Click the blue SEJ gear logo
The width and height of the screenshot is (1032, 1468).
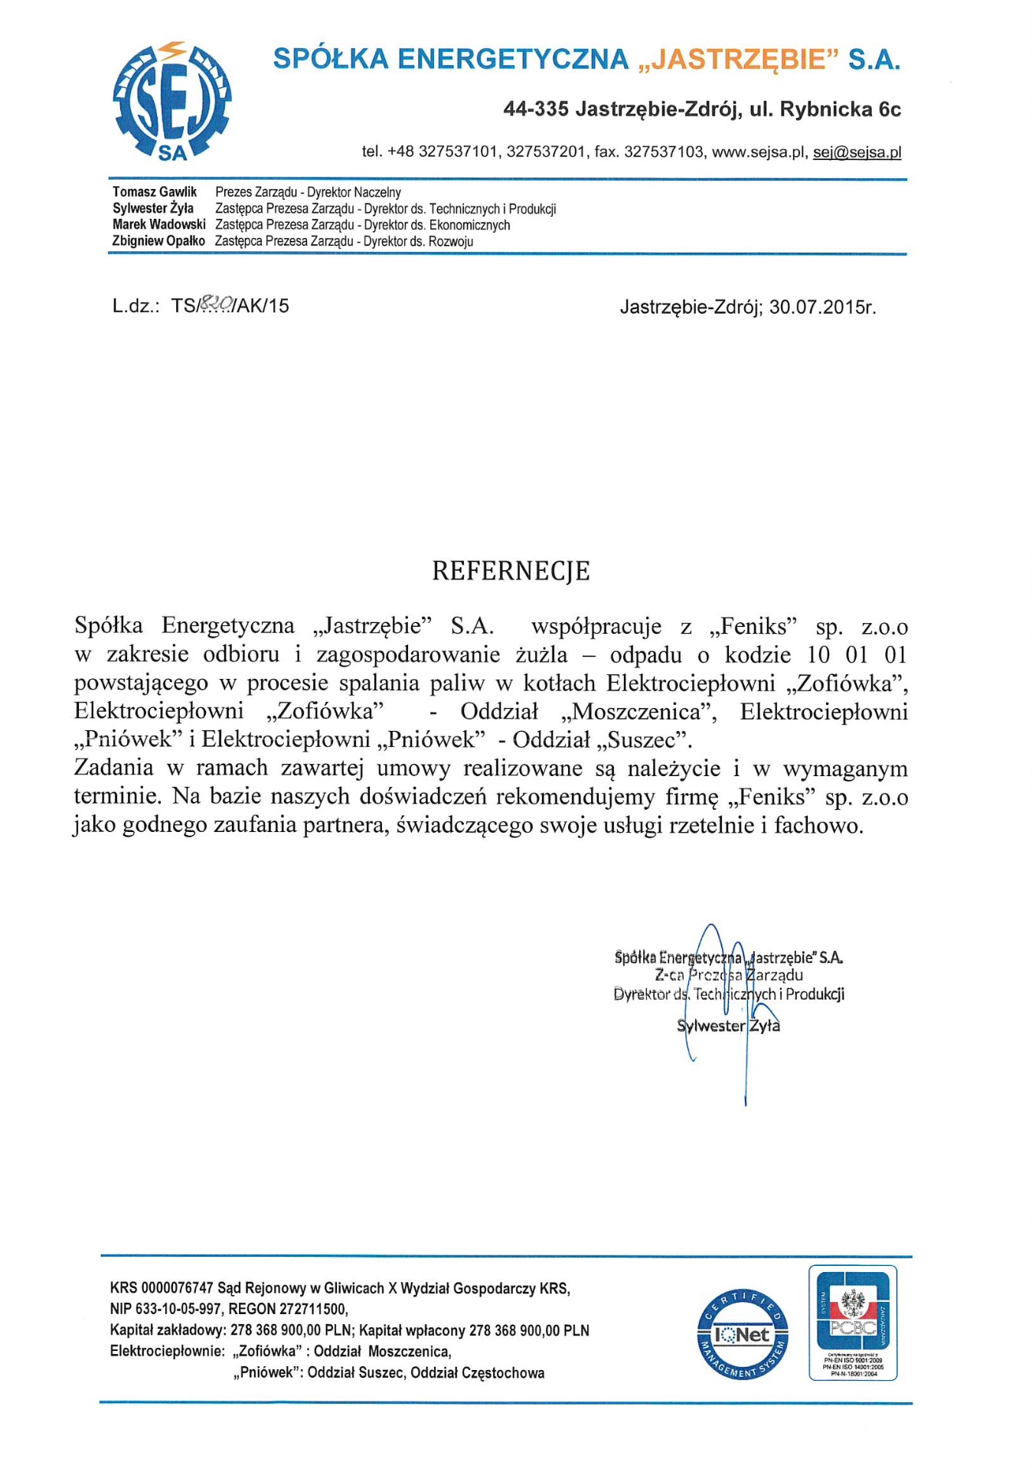(x=172, y=101)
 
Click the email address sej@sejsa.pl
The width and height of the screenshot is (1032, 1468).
(x=857, y=152)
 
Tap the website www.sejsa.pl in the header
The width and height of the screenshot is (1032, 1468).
(x=759, y=152)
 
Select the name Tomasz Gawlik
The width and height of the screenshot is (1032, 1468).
(x=155, y=192)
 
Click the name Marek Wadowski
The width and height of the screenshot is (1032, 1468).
(x=159, y=225)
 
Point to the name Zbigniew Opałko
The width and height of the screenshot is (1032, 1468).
(x=158, y=241)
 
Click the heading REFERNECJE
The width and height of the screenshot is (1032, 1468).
(x=511, y=572)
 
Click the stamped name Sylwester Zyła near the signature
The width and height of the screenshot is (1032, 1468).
(x=728, y=1026)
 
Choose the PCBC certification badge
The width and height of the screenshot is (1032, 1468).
(x=853, y=1322)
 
